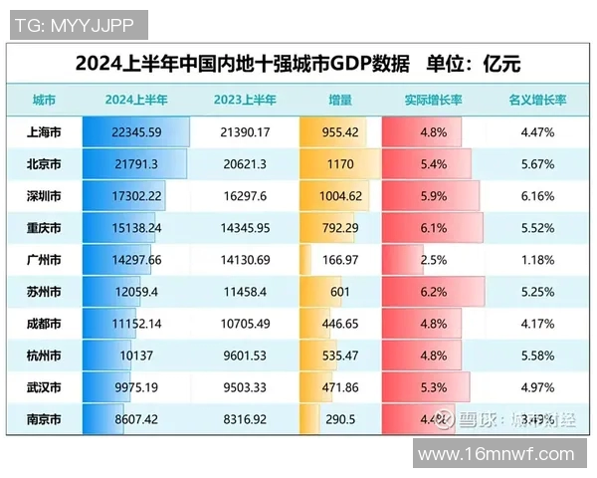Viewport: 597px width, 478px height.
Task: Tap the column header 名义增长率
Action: [537, 101]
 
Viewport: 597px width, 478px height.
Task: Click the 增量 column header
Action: [339, 101]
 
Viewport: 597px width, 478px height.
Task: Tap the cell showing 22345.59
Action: [136, 131]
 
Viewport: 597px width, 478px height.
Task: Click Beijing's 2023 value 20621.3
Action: [242, 163]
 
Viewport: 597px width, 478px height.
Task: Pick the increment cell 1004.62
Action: [339, 195]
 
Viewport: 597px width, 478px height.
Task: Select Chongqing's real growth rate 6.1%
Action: [432, 227]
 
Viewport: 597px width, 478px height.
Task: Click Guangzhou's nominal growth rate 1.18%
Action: [537, 259]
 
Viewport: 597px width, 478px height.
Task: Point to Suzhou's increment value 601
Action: [339, 291]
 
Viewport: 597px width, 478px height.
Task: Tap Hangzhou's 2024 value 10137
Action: [136, 355]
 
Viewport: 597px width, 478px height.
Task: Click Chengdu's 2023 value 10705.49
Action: [242, 323]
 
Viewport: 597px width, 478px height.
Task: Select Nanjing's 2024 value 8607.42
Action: [136, 418]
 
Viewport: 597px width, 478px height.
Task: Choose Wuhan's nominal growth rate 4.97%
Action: [537, 386]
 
